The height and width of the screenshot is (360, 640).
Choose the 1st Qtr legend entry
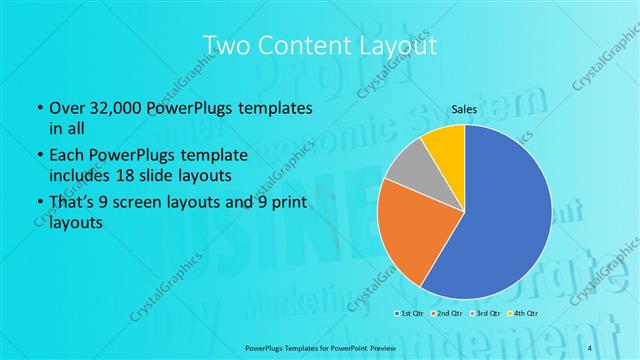[409, 315]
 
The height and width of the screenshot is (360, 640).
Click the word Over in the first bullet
[65, 107]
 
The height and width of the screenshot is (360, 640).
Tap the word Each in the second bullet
[66, 156]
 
